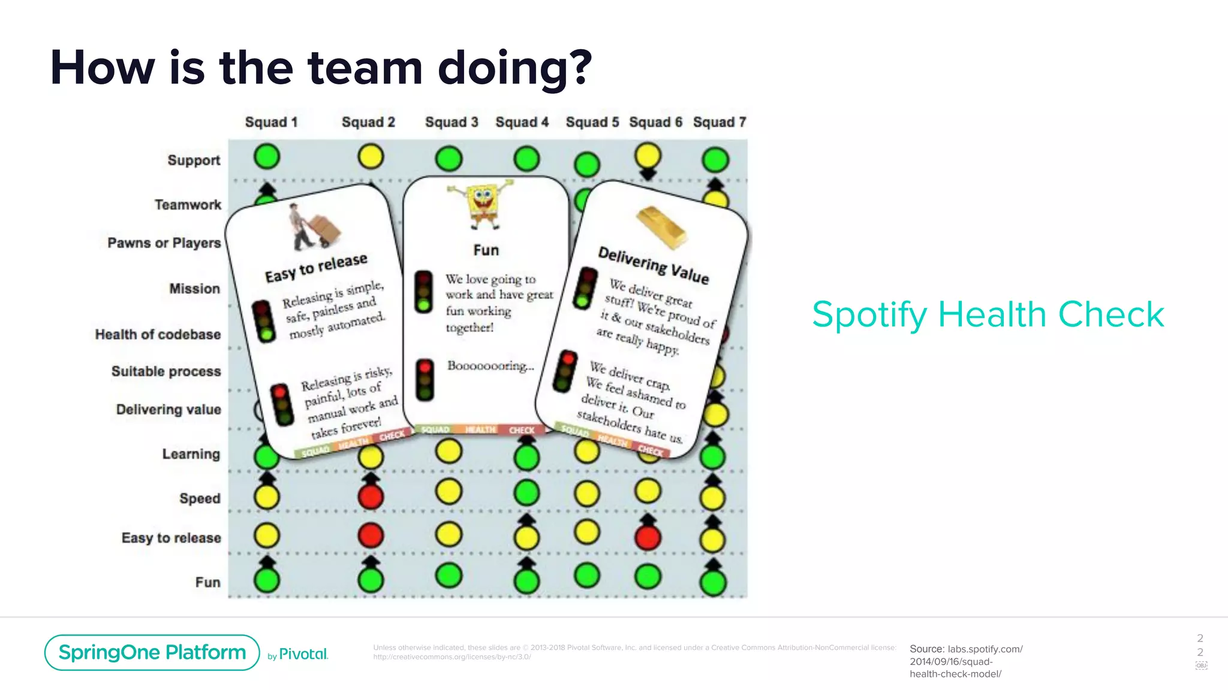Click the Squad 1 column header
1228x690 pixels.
pyautogui.click(x=271, y=122)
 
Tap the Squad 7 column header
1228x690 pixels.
pyautogui.click(x=719, y=122)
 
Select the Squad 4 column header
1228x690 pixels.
pyautogui.click(x=522, y=122)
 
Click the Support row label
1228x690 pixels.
pyautogui.click(x=194, y=161)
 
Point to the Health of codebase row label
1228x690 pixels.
pyautogui.click(x=158, y=334)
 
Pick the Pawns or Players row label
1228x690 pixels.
pyautogui.click(x=164, y=243)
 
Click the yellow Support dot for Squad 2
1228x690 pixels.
pyautogui.click(x=371, y=157)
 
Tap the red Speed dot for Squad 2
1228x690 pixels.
pyautogui.click(x=371, y=497)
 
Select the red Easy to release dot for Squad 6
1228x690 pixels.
pyautogui.click(x=648, y=537)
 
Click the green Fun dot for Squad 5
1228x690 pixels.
pyautogui.click(x=587, y=576)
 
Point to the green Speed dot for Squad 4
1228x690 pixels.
pyautogui.click(x=526, y=493)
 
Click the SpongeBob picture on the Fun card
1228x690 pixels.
pyautogui.click(x=482, y=205)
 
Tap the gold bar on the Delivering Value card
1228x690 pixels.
pyautogui.click(x=661, y=227)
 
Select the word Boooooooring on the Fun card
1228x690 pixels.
pyautogui.click(x=490, y=366)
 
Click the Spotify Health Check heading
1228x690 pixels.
pyautogui.click(x=988, y=314)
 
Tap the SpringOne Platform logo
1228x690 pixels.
pyautogui.click(x=152, y=652)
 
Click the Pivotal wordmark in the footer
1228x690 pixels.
pyautogui.click(x=303, y=654)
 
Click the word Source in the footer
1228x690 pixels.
pyautogui.click(x=926, y=649)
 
